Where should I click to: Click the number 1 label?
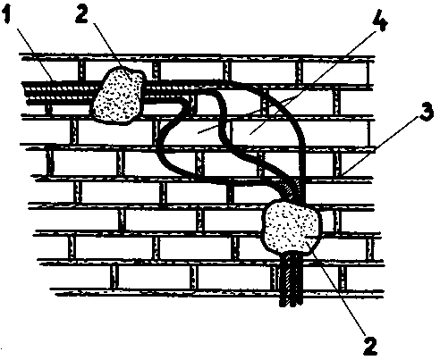[7, 16]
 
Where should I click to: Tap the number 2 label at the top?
[81, 15]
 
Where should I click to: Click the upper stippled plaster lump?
[119, 96]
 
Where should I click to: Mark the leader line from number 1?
[36, 54]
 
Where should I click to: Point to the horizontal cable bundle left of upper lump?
[60, 92]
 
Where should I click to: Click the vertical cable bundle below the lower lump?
[291, 280]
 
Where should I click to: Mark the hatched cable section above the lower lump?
[292, 189]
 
